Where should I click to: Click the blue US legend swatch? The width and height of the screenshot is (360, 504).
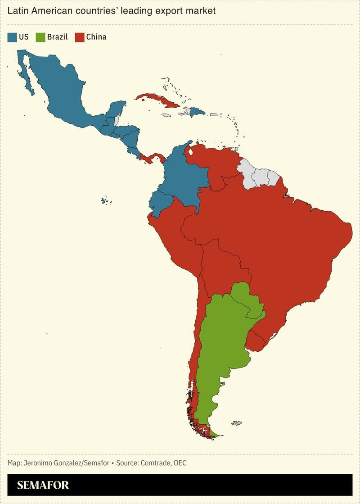pyautogui.click(x=12, y=37)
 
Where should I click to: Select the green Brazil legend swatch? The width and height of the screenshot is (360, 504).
pyautogui.click(x=41, y=37)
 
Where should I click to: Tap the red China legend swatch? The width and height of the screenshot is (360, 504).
pyautogui.click(x=80, y=37)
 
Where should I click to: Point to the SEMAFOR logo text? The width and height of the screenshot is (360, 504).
pyautogui.click(x=43, y=486)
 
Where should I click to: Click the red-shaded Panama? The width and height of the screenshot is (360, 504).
pyautogui.click(x=153, y=158)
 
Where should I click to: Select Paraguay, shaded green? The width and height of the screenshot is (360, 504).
pyautogui.click(x=247, y=297)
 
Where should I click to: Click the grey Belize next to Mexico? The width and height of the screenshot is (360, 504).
pyautogui.click(x=117, y=120)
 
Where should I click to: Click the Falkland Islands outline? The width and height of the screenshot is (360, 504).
pyautogui.click(x=236, y=422)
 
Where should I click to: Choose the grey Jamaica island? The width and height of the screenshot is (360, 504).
pyautogui.click(x=167, y=116)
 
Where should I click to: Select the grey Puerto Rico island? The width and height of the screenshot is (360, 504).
pyautogui.click(x=214, y=114)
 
